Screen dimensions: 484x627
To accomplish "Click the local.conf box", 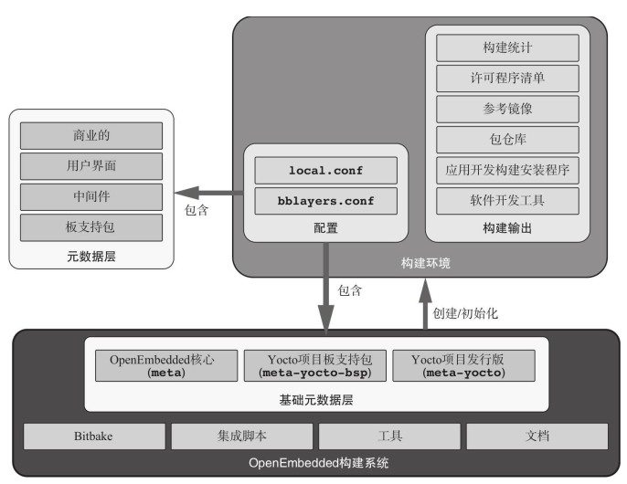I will coord(326,170).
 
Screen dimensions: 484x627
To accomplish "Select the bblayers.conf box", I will coord(326,200).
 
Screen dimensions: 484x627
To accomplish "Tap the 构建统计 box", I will coord(507,47).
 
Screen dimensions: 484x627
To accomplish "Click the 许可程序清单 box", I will coord(507,78).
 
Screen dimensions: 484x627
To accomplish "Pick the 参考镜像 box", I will coord(507,109).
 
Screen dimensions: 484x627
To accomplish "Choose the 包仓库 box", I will coord(507,139).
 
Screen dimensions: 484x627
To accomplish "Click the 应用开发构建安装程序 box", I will coord(507,169).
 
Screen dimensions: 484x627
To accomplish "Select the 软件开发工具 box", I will coord(507,199).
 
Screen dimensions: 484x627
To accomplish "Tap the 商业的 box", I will coord(90,136).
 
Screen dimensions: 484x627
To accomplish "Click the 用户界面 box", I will coord(90,166).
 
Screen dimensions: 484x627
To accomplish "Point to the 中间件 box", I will coord(90,196).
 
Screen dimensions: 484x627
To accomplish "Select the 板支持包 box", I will coord(90,226).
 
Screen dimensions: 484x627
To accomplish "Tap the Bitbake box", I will coord(94,437).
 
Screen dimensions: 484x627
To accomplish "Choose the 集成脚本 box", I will coord(242,437).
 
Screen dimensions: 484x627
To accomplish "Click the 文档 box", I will coord(537,437).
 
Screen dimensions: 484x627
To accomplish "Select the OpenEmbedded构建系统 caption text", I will coord(318,463).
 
